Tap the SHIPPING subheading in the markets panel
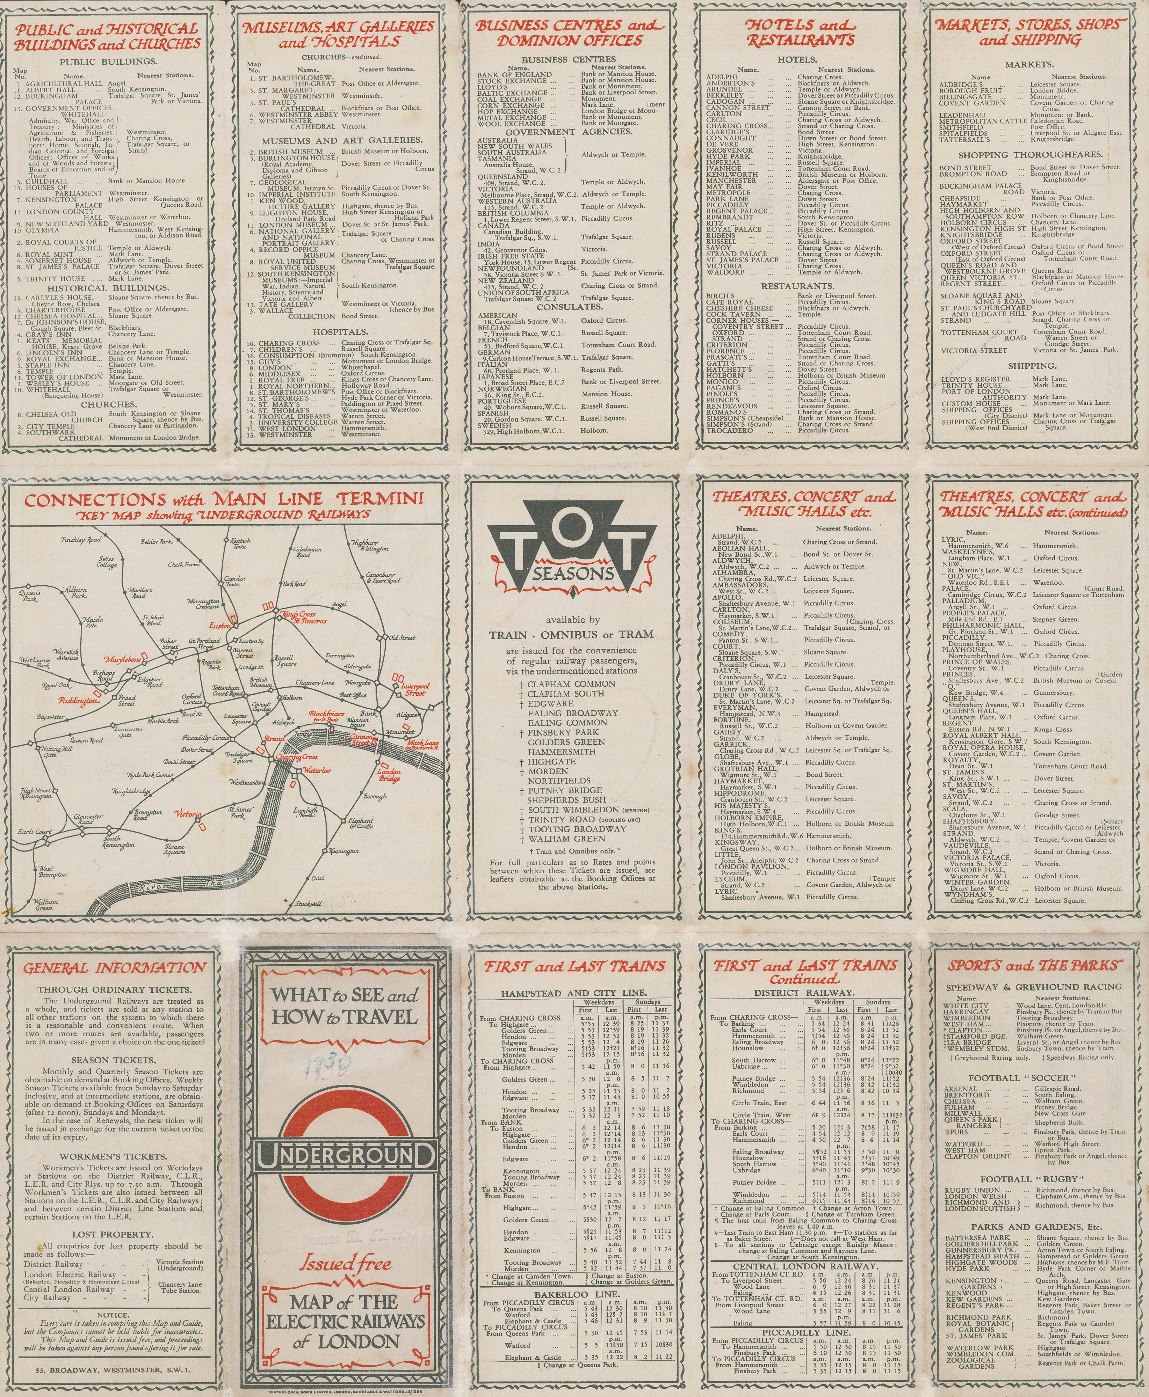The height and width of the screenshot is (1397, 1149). click(1031, 366)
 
